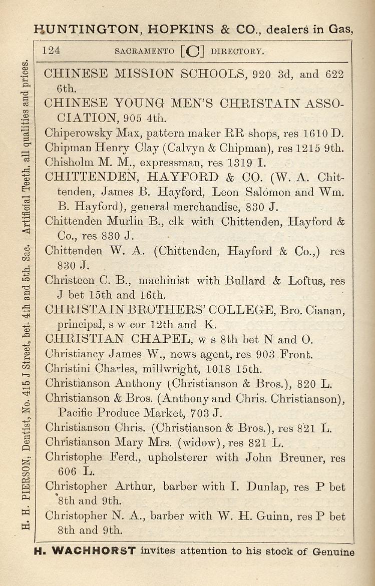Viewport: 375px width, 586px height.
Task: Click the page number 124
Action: pos(52,50)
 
